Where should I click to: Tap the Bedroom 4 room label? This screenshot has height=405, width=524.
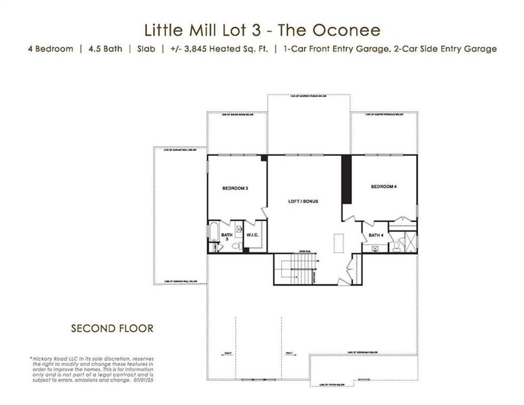pos(383,186)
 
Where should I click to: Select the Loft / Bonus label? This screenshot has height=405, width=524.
pos(303,201)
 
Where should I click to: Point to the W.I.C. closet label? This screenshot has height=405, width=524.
pos(254,235)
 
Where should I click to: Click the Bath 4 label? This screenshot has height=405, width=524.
pos(376,235)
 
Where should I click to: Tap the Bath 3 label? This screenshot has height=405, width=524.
pos(227,237)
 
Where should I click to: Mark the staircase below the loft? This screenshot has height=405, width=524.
pos(297,271)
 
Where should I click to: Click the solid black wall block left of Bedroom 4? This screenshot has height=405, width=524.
pos(347,179)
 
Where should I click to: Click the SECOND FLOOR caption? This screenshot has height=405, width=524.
pos(112,329)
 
